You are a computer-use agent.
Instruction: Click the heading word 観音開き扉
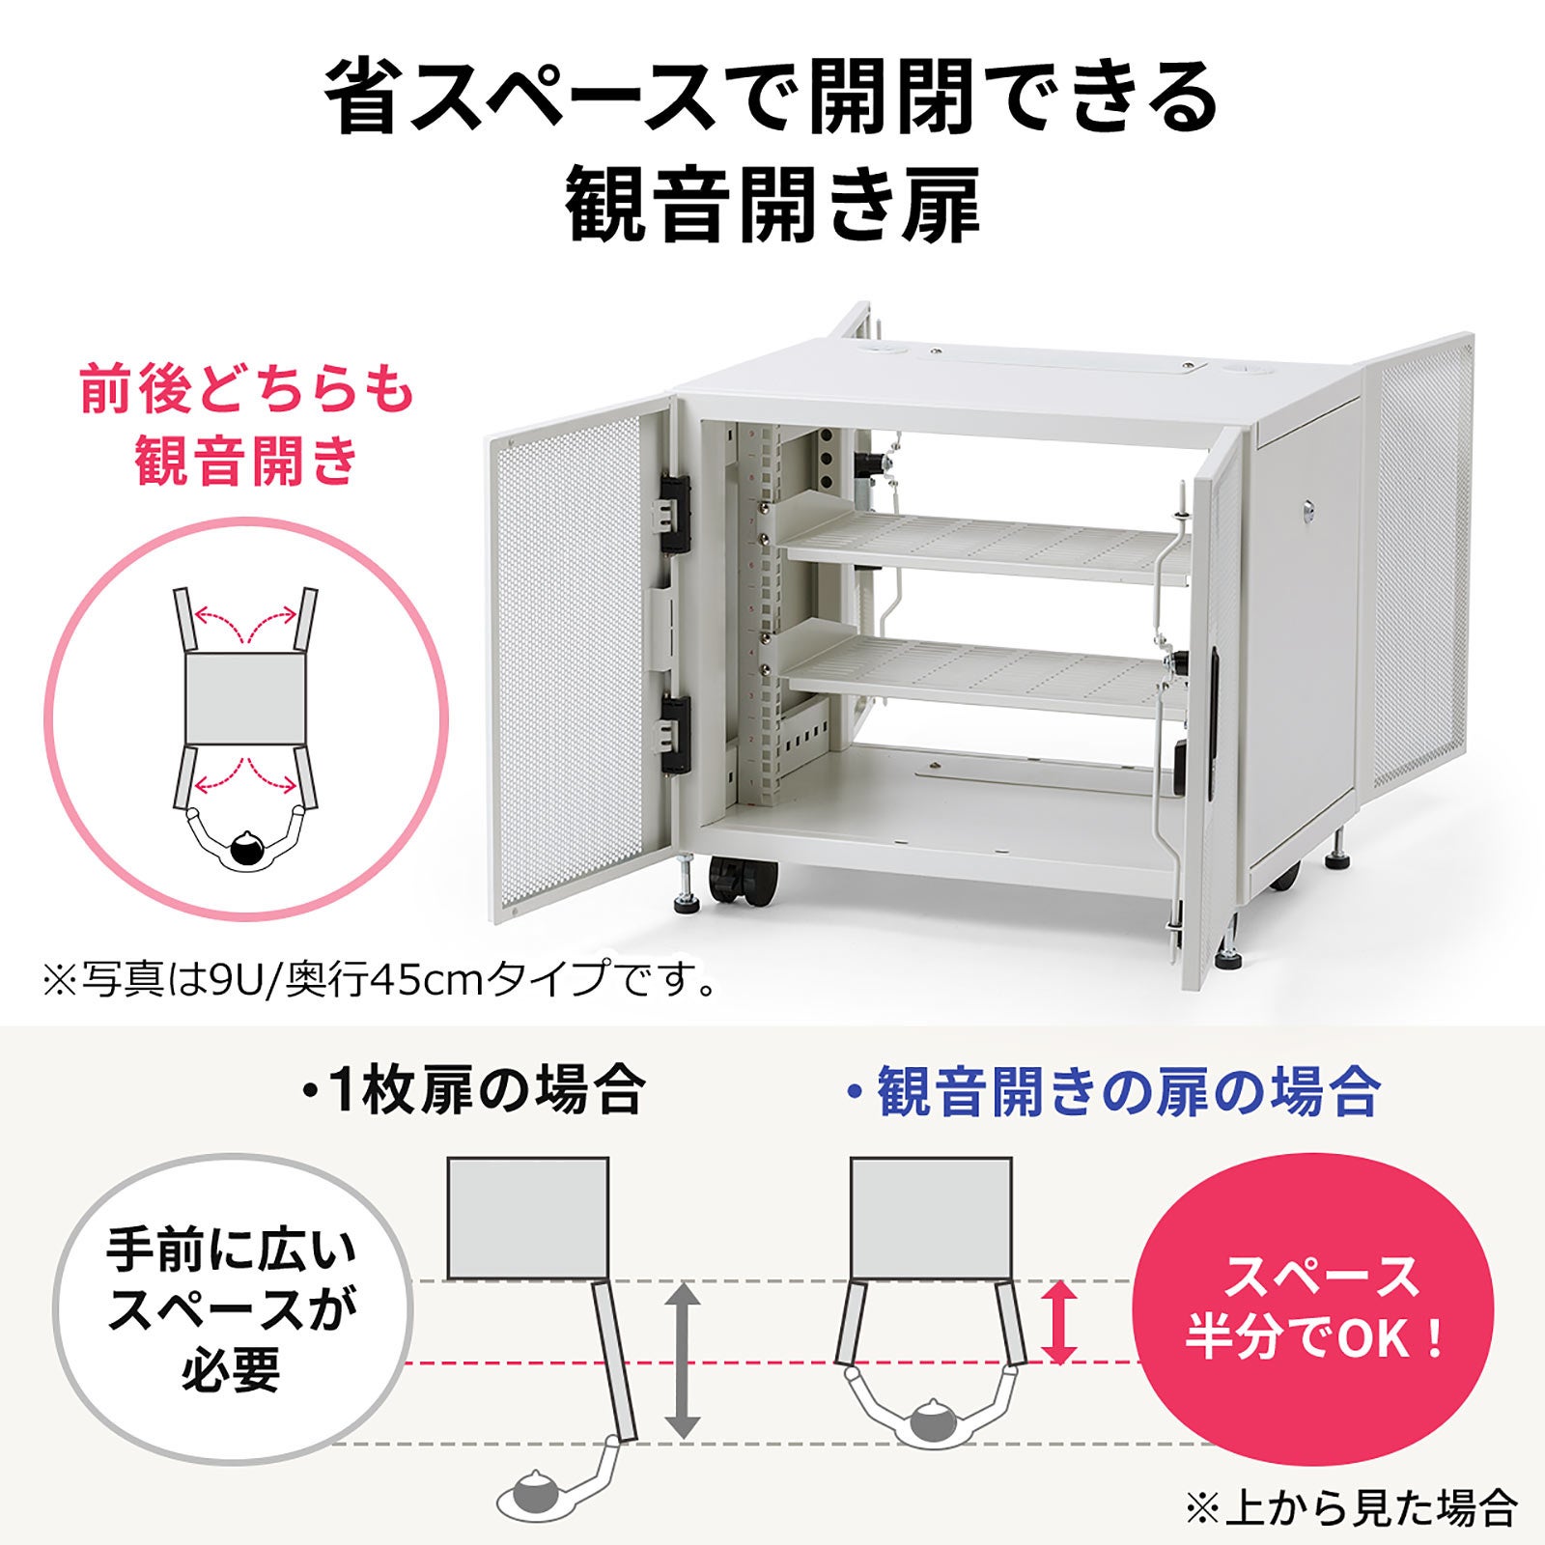click(772, 206)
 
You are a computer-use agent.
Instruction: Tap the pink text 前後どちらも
click(247, 392)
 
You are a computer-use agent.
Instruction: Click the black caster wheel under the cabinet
click(742, 881)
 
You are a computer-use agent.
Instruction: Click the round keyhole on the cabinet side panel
click(1309, 507)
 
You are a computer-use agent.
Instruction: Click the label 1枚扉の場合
click(473, 1092)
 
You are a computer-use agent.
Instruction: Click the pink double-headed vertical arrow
click(1060, 1322)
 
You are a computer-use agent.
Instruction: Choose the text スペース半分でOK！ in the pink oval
click(1317, 1307)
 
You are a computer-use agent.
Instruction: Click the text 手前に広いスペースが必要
click(232, 1309)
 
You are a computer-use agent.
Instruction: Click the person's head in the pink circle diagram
click(246, 850)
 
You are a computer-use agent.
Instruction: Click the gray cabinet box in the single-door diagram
click(528, 1218)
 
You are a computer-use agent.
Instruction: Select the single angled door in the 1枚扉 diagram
click(616, 1362)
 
